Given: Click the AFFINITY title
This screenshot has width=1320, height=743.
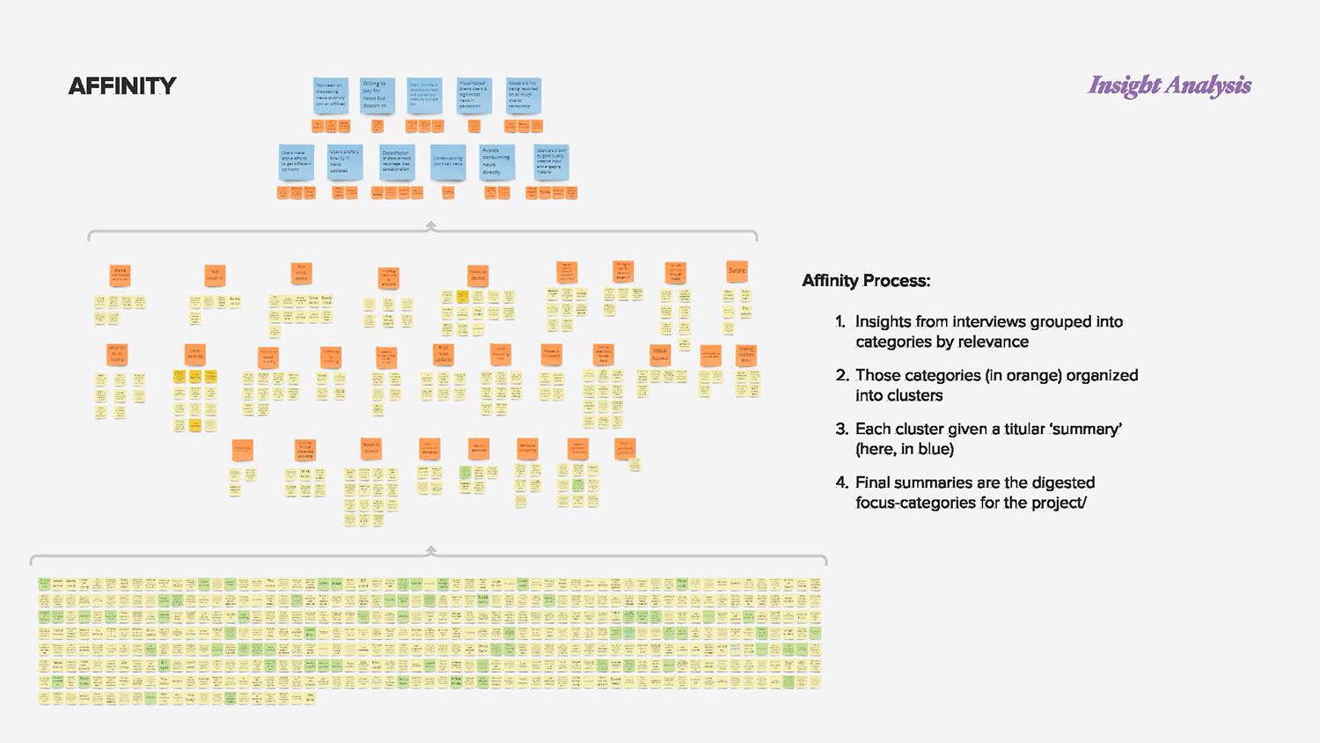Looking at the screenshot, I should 122,85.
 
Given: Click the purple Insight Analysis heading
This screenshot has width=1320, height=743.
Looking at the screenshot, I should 1170,85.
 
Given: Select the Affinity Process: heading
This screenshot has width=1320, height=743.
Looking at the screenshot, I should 866,281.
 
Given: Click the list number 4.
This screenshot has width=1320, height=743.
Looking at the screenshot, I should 840,482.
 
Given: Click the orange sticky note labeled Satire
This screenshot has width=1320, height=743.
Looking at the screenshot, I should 737,271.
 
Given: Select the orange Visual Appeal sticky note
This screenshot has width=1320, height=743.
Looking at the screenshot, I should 659,355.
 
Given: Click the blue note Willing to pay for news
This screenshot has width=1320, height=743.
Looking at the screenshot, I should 375,95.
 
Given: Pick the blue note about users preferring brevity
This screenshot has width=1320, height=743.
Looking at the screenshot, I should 344,162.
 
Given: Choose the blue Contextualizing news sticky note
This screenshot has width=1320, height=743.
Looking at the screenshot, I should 448,162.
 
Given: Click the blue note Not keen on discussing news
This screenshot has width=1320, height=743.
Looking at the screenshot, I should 330,95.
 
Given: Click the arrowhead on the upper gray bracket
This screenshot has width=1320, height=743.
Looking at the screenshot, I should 430,225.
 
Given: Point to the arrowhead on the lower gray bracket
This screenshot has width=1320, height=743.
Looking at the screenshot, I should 430,549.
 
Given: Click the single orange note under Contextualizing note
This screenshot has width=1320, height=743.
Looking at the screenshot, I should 448,192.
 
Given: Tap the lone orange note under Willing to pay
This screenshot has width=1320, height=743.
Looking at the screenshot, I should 377,126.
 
